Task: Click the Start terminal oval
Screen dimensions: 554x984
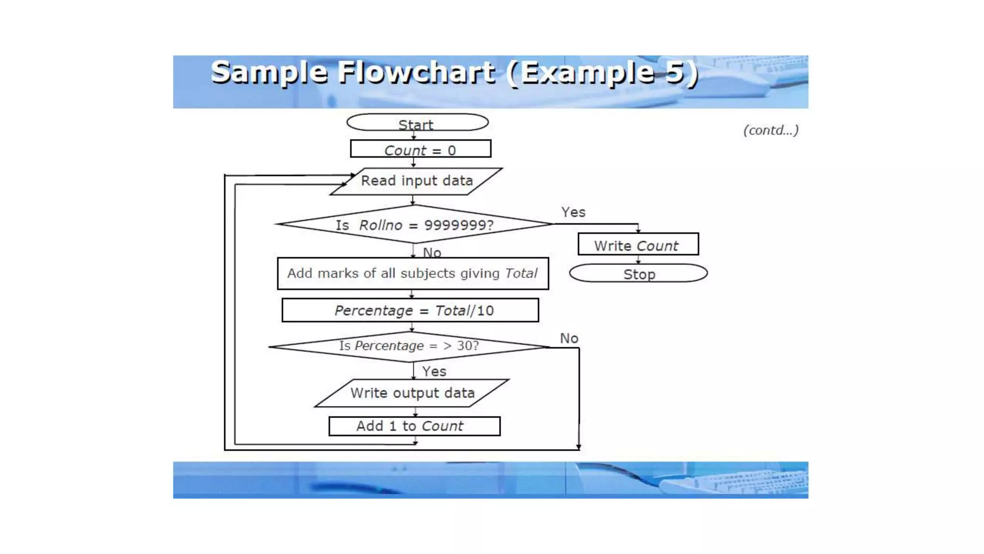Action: tap(417, 123)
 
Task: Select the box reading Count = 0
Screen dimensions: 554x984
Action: tap(420, 149)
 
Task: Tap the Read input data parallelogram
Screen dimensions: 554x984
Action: tap(417, 181)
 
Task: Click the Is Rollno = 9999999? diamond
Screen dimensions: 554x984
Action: tap(414, 225)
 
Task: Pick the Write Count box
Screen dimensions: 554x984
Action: tap(638, 244)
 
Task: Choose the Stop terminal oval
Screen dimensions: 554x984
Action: tap(638, 274)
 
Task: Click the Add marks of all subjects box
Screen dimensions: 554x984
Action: tap(413, 274)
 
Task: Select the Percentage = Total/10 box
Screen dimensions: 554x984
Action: tap(410, 310)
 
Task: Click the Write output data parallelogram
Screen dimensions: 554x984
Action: tap(412, 393)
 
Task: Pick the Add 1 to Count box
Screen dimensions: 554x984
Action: tap(414, 426)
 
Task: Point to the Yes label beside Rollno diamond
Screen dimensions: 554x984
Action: tap(573, 212)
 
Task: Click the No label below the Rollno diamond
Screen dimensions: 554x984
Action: tap(432, 252)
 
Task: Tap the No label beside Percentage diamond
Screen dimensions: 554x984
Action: tap(569, 339)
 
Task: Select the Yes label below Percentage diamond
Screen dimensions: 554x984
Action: tap(434, 371)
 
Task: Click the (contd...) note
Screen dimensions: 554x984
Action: tap(771, 130)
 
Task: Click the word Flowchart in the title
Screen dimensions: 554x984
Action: tap(416, 73)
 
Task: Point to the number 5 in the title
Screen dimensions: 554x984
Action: tap(675, 72)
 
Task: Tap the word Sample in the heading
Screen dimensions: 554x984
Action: tap(269, 73)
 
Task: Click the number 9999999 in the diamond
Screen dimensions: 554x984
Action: tap(458, 225)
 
